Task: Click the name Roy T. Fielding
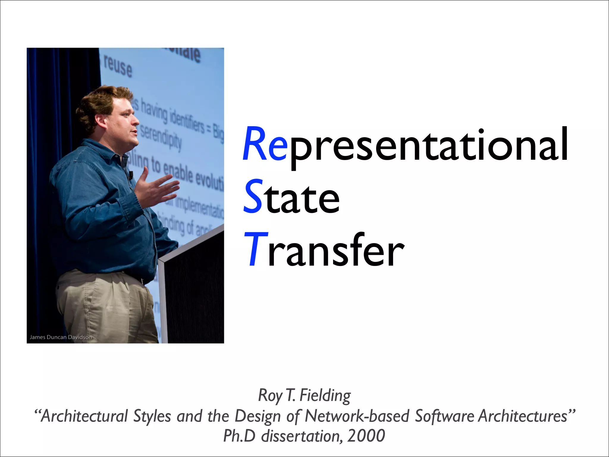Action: click(304, 396)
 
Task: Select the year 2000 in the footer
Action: click(366, 436)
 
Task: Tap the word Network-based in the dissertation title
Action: click(357, 416)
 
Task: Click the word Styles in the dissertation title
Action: click(152, 416)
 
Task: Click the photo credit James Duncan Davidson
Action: click(61, 337)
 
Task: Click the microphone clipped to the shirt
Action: click(130, 175)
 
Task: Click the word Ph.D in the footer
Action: click(239, 436)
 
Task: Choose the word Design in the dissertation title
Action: click(258, 416)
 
